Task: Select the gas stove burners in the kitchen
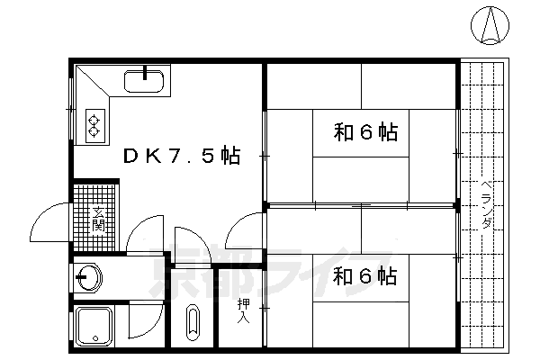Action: (93, 123)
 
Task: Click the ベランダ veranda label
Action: (485, 203)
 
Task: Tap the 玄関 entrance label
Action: (98, 219)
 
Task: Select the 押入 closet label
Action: (242, 310)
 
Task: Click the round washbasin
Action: (89, 277)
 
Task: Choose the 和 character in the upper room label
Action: (342, 133)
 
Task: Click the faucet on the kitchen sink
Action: (144, 72)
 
